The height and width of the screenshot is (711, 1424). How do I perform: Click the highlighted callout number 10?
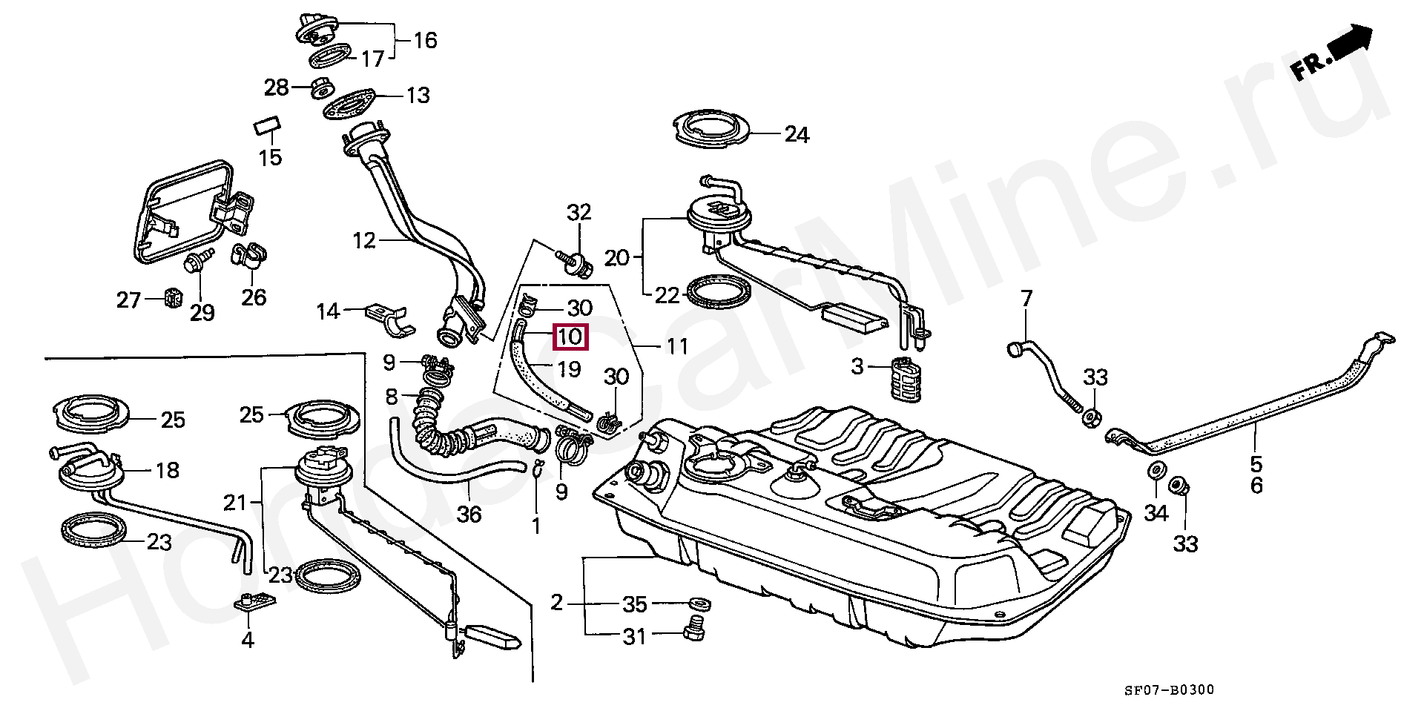[x=570, y=337]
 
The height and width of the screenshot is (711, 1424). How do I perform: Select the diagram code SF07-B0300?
[x=1168, y=690]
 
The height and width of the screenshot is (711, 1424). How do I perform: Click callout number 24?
[x=797, y=134]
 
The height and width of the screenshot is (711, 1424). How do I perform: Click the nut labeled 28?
[x=322, y=87]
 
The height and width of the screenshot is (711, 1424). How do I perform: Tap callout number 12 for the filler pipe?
[x=364, y=241]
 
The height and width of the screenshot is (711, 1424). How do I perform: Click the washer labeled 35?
[x=698, y=603]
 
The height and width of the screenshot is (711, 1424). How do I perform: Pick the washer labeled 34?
[x=1156, y=472]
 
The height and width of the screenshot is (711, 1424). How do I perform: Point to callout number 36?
[x=469, y=513]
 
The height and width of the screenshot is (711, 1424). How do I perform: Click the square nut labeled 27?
[x=172, y=298]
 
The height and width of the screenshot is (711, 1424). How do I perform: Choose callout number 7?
[x=1026, y=299]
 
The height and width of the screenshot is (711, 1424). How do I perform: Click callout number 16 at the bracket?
[x=425, y=39]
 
